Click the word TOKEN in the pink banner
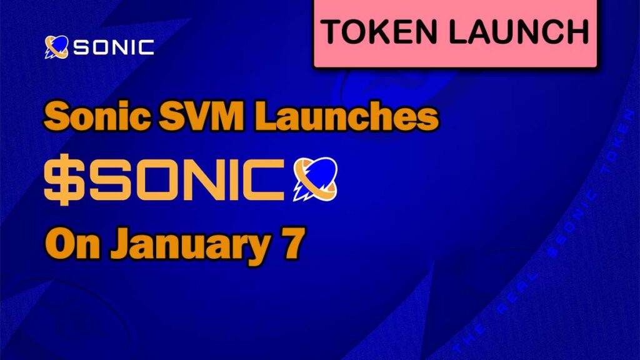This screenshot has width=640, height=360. (380, 32)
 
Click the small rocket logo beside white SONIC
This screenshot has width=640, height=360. (56, 47)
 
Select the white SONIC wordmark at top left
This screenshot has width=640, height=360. (114, 47)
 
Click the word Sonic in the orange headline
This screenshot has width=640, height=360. (96, 117)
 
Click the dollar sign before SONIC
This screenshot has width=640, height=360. (62, 179)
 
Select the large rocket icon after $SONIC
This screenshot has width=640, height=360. (316, 179)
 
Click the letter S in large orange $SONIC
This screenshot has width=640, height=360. (107, 179)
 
